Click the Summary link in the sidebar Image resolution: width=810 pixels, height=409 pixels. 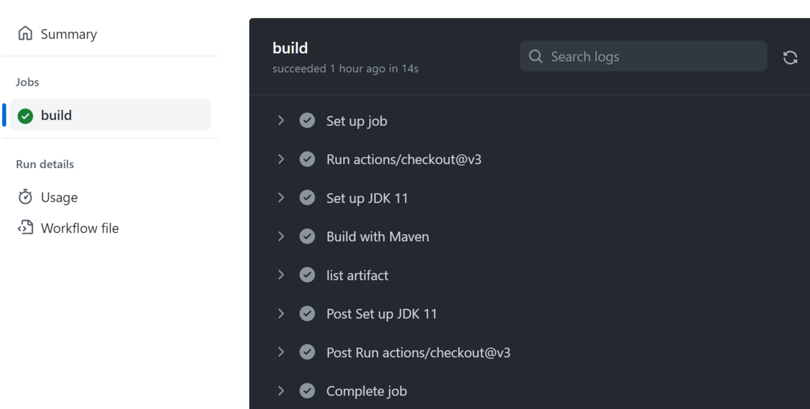click(x=68, y=34)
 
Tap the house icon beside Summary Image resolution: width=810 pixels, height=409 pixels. click(x=26, y=34)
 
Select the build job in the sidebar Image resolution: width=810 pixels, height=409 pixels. click(x=57, y=115)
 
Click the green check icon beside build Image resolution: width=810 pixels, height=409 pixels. click(x=26, y=116)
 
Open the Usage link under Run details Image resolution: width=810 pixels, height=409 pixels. click(x=59, y=198)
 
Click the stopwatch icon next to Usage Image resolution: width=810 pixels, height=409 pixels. click(x=26, y=197)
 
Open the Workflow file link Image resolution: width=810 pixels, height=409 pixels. click(x=79, y=229)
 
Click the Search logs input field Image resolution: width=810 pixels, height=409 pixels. click(x=648, y=57)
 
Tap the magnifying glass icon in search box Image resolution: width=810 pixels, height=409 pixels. click(x=536, y=57)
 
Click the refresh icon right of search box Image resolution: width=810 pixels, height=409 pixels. click(x=790, y=57)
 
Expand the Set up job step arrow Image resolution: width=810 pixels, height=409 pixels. click(x=281, y=121)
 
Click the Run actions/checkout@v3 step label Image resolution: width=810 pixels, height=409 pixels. click(x=404, y=160)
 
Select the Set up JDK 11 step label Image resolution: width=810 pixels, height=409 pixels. click(x=367, y=198)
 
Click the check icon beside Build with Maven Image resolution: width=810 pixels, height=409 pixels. click(x=307, y=237)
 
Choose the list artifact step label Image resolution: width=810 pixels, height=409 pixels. click(x=357, y=275)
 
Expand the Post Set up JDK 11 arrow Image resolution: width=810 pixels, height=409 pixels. click(x=281, y=314)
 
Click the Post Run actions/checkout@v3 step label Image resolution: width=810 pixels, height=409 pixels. click(x=418, y=353)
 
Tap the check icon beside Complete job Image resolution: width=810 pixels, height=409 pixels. click(x=307, y=391)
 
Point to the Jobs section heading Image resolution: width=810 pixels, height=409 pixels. click(x=28, y=82)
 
